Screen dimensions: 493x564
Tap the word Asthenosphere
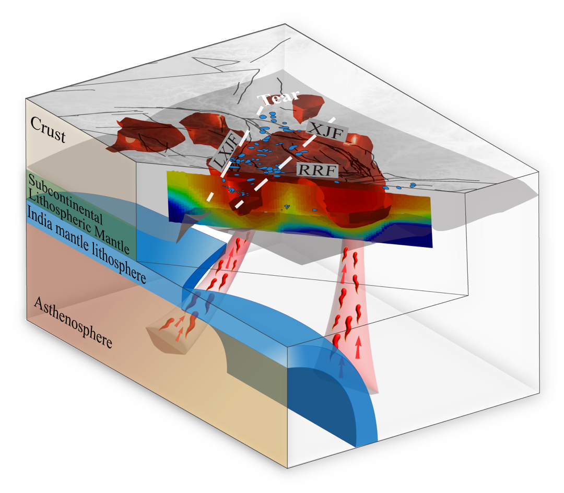click(x=73, y=324)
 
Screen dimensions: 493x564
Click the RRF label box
click(x=317, y=169)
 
